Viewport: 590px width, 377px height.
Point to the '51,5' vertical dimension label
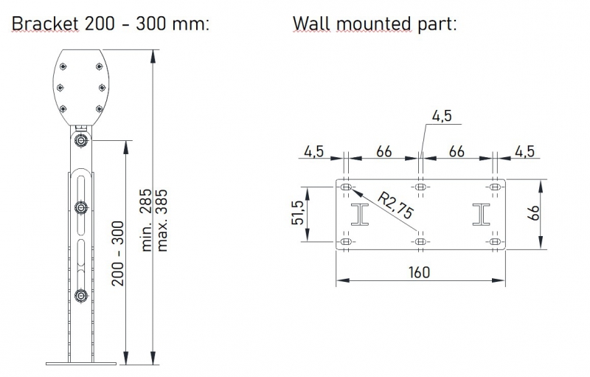(x=298, y=212)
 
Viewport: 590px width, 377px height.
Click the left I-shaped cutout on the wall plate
(x=361, y=214)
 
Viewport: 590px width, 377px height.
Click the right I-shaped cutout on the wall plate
(x=482, y=214)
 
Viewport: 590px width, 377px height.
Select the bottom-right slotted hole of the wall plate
(x=495, y=241)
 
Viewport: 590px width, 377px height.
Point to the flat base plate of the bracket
(x=81, y=362)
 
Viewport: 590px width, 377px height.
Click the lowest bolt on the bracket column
(x=80, y=297)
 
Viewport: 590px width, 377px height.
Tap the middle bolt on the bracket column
(x=80, y=207)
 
